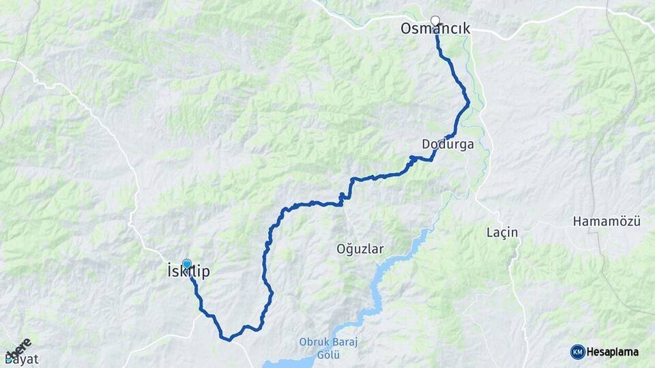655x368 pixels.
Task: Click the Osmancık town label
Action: [x=436, y=29]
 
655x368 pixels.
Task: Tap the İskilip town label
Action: [x=188, y=272]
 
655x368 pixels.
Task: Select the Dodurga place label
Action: [x=448, y=144]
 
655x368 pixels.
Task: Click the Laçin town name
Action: [x=503, y=232]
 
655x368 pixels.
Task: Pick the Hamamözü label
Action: [x=606, y=221]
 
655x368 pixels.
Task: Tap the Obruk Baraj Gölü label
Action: [x=319, y=348]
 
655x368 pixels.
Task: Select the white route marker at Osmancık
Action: [x=435, y=21]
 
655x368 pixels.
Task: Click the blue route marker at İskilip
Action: [x=187, y=263]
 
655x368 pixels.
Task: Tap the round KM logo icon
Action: [x=577, y=352]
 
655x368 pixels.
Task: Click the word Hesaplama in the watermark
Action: [x=613, y=352]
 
